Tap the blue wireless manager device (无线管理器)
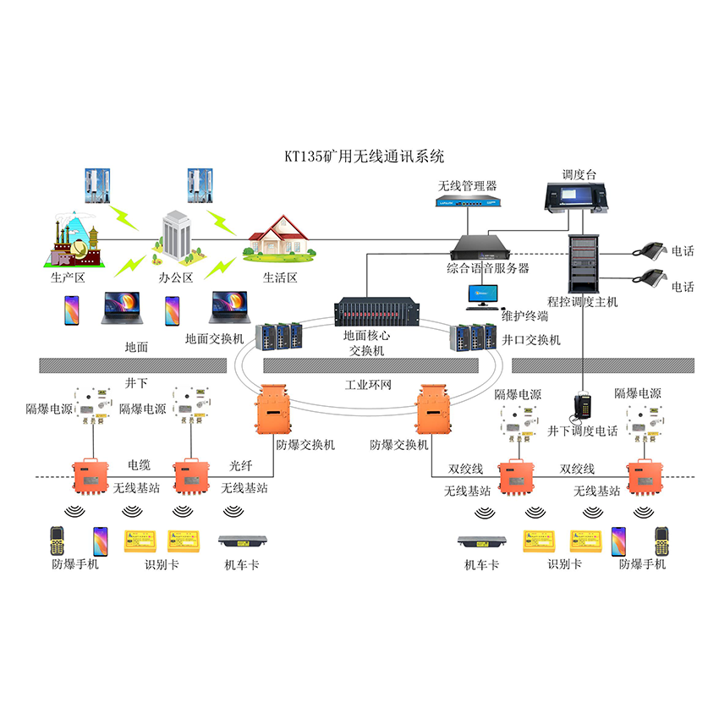pyautogui.click(x=467, y=202)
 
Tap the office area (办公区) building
pyautogui.click(x=177, y=233)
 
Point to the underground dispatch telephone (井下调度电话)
pyautogui.click(x=584, y=406)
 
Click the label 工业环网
pyautogui.click(x=368, y=385)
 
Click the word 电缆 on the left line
pyautogui.click(x=140, y=464)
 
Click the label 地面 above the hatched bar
pyautogui.click(x=136, y=346)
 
